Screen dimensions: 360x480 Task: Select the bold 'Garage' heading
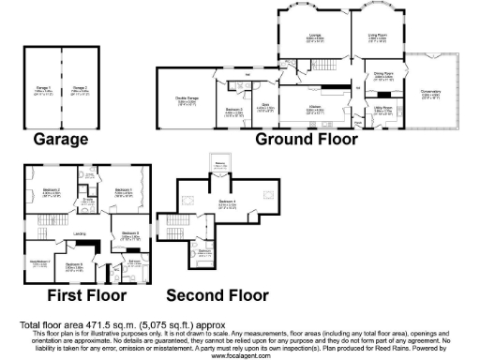click(61, 140)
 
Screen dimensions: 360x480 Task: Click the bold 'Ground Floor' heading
click(308, 140)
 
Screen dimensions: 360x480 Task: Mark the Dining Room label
click(383, 74)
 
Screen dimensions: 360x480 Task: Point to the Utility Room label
click(382, 108)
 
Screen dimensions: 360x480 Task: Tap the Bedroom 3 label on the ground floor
click(234, 111)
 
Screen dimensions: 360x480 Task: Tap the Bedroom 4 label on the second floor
click(228, 202)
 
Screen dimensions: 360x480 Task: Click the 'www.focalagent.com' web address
click(240, 355)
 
